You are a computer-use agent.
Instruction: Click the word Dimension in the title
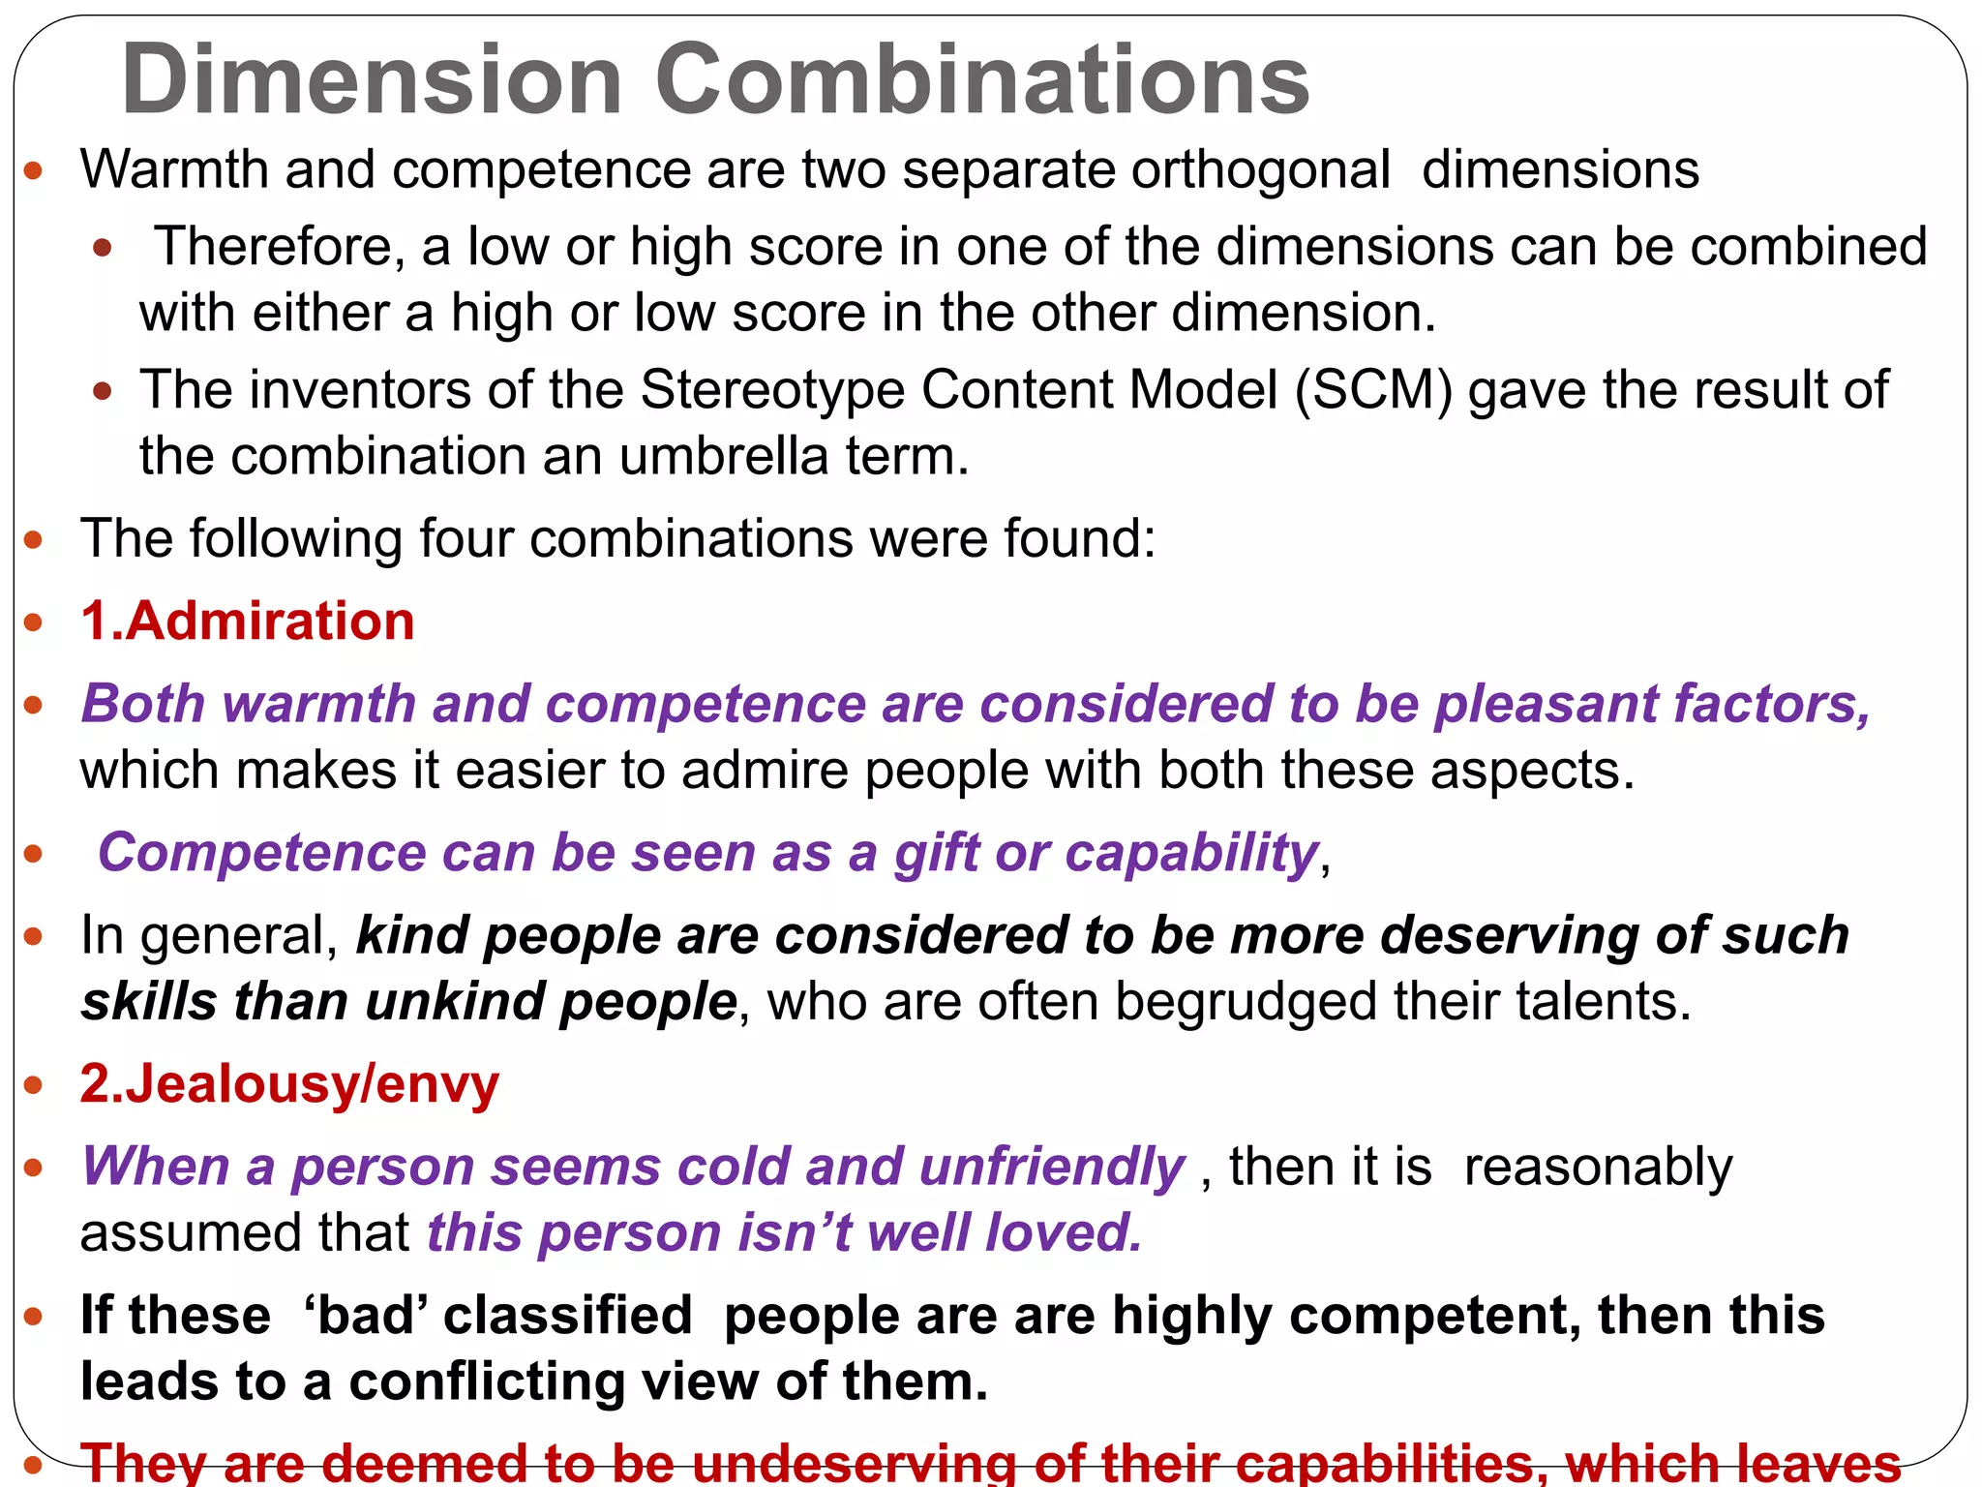[x=372, y=79]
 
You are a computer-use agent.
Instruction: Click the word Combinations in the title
[x=981, y=79]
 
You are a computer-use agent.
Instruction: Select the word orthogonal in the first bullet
[x=1260, y=170]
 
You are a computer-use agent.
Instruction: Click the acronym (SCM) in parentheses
[x=1373, y=390]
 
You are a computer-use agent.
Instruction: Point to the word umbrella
[x=724, y=456]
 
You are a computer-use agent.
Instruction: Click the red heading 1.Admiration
[x=248, y=621]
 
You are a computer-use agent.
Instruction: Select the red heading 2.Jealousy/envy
[x=289, y=1083]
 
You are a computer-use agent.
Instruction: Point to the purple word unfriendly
[x=1051, y=1167]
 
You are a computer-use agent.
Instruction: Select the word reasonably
[x=1598, y=1167]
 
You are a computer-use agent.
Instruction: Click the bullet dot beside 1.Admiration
[x=34, y=622]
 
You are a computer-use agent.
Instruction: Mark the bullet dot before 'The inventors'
[x=103, y=392]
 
